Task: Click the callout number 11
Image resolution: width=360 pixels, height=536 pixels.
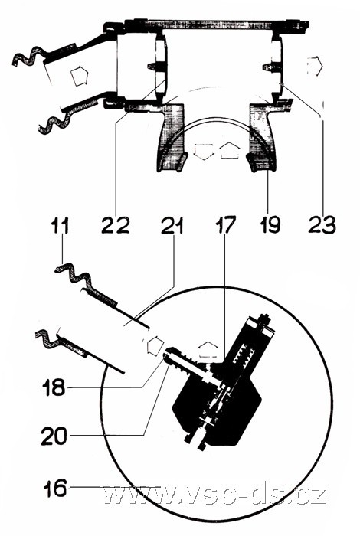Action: (61, 225)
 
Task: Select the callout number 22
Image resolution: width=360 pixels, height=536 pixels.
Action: (116, 225)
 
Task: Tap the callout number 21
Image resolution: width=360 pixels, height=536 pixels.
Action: (172, 225)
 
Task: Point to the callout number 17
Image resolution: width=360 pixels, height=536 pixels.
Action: (225, 225)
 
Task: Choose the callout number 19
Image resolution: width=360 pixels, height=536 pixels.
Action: (270, 225)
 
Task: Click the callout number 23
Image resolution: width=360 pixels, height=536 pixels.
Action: (322, 225)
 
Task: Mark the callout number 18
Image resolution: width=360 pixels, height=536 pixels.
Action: (54, 387)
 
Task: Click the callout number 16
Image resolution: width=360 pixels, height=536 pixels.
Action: (54, 488)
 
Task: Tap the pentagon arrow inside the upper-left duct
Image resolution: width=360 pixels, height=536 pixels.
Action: (80, 76)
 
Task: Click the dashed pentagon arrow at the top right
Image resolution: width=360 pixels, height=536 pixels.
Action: (314, 67)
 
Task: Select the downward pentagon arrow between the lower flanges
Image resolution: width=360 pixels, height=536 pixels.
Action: (204, 152)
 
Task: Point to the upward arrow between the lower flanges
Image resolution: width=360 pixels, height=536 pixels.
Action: (230, 151)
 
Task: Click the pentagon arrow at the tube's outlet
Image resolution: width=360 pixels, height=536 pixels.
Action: (155, 345)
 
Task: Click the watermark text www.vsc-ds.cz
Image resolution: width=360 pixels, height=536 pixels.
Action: (214, 495)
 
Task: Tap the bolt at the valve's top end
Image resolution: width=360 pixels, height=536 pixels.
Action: (266, 322)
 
